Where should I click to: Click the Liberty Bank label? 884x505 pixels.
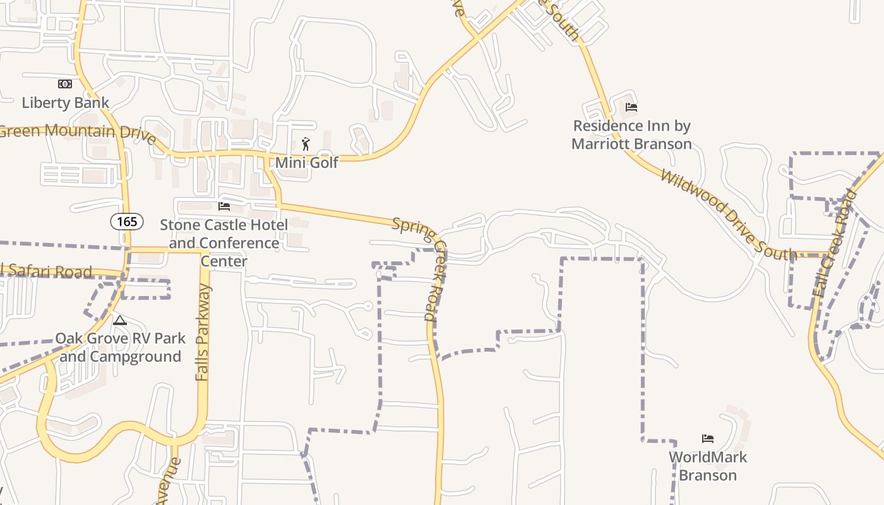(66, 102)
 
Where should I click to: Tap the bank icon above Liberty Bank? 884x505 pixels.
(65, 84)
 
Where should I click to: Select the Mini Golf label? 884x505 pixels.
(307, 162)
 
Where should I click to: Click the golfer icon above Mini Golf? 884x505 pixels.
(306, 144)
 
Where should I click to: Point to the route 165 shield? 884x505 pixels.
(127, 222)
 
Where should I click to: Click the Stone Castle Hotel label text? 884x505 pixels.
(224, 225)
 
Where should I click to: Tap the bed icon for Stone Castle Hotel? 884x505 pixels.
(224, 206)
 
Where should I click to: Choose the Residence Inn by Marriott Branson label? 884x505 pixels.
(631, 134)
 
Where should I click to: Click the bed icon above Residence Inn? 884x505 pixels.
(631, 107)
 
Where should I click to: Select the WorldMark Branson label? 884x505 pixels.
(708, 466)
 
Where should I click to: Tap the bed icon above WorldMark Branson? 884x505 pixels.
(708, 439)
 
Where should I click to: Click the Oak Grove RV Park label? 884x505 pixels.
(120, 347)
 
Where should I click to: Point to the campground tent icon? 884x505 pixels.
(119, 321)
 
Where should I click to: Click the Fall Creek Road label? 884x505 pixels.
(835, 243)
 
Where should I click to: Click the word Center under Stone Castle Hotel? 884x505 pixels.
(224, 261)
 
